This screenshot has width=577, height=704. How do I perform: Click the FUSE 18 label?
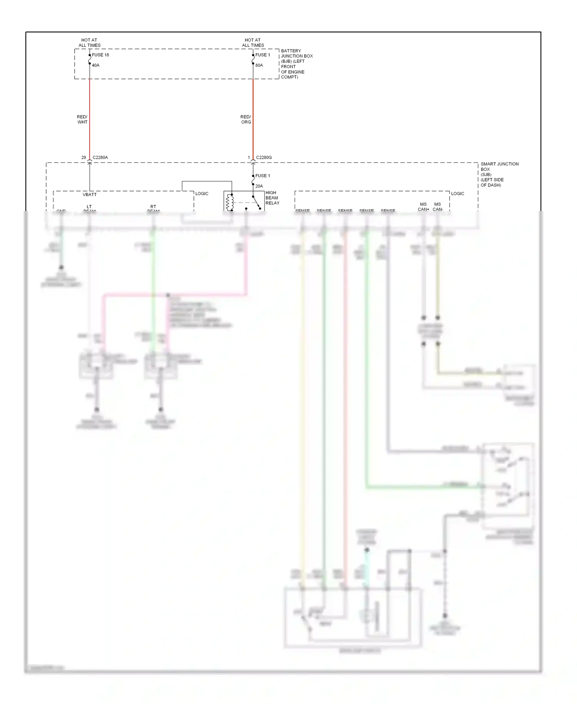click(x=100, y=55)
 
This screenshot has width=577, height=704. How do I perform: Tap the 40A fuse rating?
click(x=95, y=65)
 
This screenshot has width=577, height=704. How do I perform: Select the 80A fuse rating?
click(x=259, y=65)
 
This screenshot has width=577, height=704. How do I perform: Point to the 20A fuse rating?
click(x=259, y=186)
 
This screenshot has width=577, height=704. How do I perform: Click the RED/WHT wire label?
click(x=82, y=119)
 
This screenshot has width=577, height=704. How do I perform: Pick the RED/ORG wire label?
click(x=246, y=119)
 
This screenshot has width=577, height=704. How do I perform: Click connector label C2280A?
click(x=100, y=158)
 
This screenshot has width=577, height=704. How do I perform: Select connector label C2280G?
click(x=264, y=158)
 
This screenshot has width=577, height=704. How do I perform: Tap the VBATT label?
click(x=90, y=195)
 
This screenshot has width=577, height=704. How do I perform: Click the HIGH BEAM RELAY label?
click(x=272, y=198)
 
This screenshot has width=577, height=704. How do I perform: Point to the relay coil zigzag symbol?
click(x=229, y=202)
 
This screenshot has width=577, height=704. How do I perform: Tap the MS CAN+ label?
click(x=423, y=207)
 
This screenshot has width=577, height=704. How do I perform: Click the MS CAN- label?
click(x=438, y=207)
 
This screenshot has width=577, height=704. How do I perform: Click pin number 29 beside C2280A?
click(x=83, y=158)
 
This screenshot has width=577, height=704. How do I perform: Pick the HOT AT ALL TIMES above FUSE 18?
click(x=89, y=43)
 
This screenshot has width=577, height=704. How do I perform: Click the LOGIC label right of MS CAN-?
click(x=457, y=194)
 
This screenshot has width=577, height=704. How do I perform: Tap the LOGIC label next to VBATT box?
click(x=202, y=194)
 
